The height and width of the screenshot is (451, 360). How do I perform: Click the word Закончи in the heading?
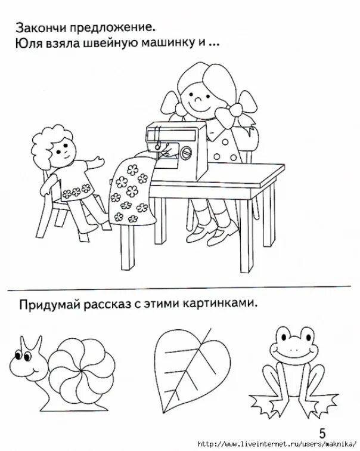point(40,28)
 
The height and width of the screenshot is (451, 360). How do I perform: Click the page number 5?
point(322,434)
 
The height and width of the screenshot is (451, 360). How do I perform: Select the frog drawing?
point(293,367)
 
